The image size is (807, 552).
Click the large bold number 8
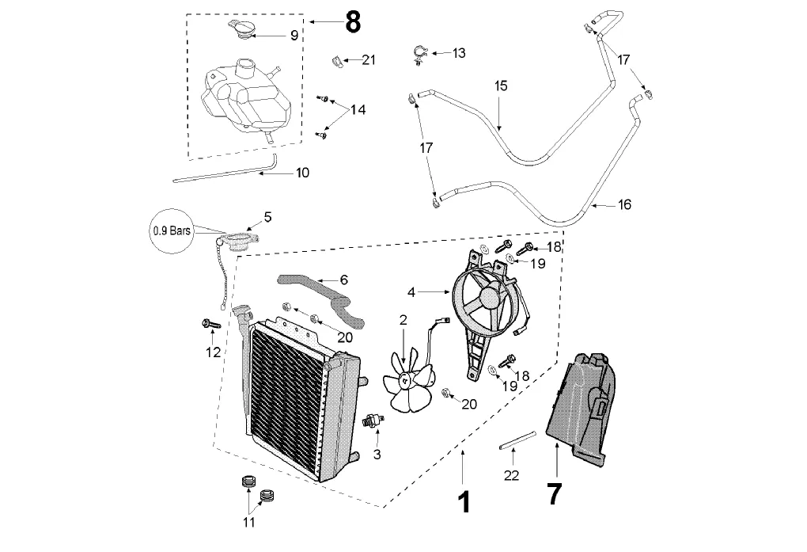click(352, 22)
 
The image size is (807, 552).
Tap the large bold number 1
click(464, 501)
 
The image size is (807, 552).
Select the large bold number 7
click(554, 494)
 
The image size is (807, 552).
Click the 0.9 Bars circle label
click(172, 232)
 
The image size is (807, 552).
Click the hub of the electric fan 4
click(487, 296)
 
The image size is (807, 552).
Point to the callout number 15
click(501, 85)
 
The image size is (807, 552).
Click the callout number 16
click(624, 204)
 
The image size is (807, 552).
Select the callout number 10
click(302, 172)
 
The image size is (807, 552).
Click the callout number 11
click(249, 522)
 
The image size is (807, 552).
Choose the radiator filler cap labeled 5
click(240, 240)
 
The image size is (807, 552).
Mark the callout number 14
click(358, 110)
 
